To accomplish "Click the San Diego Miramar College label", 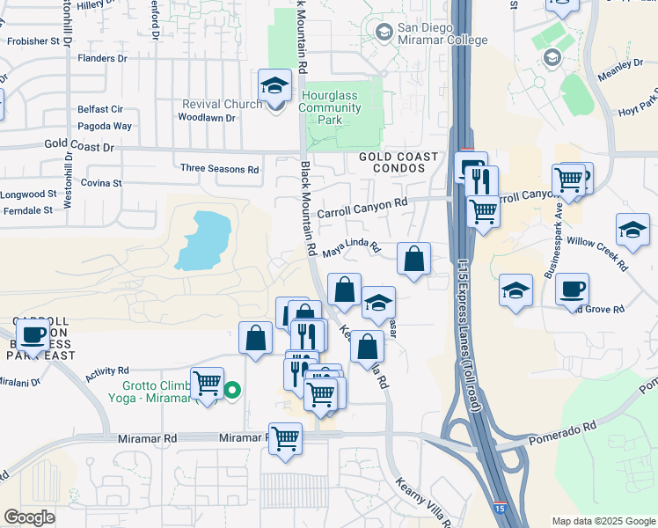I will point(442,33).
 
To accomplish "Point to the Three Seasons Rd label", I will point(219,168).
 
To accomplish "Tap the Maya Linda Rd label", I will point(349,250).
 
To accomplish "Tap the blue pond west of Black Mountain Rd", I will point(204,238).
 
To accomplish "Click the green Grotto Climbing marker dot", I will point(232,391).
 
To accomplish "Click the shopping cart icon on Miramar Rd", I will point(285,436).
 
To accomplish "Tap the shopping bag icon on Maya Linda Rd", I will point(413,259).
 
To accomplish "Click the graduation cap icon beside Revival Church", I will point(274,86).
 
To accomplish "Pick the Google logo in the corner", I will point(28,517).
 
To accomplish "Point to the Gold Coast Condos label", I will point(398,162).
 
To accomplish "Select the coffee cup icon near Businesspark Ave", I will point(572,290).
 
